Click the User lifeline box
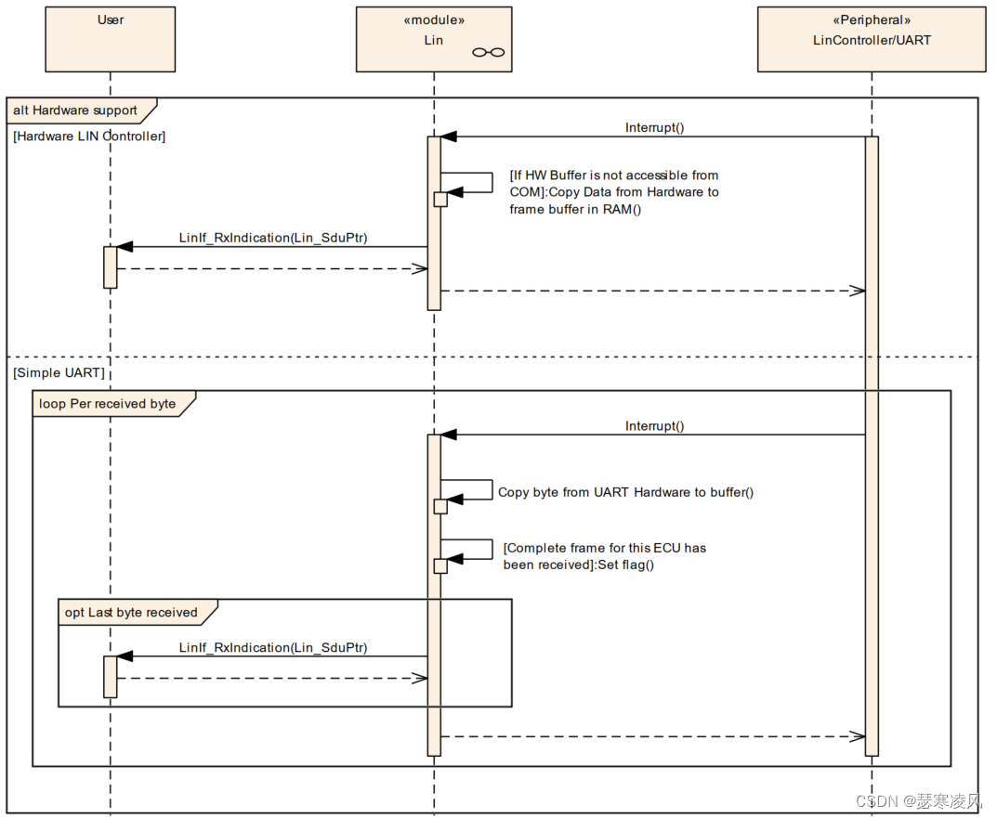tap(110, 39)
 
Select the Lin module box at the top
tap(433, 39)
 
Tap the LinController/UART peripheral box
tap(871, 39)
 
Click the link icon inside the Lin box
tap(489, 52)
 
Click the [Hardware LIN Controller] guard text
tap(89, 136)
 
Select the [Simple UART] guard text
tap(59, 372)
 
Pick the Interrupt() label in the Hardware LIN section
tap(654, 127)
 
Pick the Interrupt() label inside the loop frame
tap(654, 425)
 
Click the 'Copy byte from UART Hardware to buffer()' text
tap(625, 491)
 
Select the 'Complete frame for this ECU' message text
tap(604, 555)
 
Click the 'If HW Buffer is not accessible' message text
tap(613, 191)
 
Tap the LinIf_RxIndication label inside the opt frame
tap(273, 647)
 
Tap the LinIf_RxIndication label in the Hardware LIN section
tap(273, 238)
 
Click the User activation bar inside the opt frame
tap(110, 676)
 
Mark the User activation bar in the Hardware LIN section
tap(110, 266)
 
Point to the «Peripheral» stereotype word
tap(871, 19)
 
